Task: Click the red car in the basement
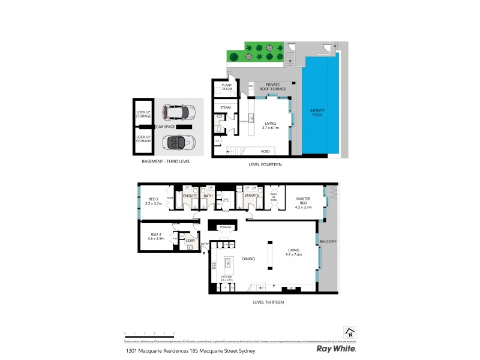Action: click(179, 112)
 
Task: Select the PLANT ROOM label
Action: click(227, 88)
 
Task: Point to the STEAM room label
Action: click(226, 107)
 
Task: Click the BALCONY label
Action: click(328, 242)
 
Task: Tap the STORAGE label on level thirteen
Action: click(225, 227)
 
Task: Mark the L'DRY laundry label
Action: click(190, 241)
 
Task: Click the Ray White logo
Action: click(337, 349)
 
